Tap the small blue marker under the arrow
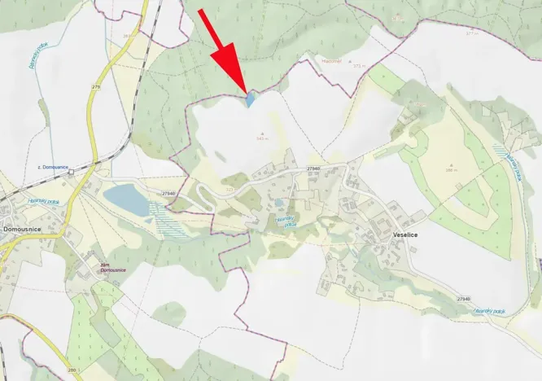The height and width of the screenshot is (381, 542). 251,99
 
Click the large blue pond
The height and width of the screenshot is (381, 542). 127,199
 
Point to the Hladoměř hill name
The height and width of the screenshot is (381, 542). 330,59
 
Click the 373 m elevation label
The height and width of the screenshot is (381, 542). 352,65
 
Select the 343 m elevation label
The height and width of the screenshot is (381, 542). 262,138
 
